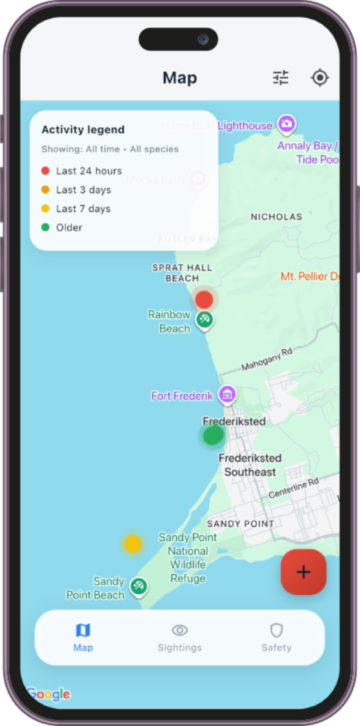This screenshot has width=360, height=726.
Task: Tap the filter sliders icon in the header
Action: tap(281, 78)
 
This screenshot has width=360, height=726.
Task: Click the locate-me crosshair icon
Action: tap(320, 78)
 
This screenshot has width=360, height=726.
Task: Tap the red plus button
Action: tap(303, 571)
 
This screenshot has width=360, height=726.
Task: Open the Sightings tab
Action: tap(179, 637)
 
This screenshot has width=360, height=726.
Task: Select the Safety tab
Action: tap(276, 637)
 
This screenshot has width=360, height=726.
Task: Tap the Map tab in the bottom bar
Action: tap(83, 637)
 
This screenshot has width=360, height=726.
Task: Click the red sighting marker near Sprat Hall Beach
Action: tap(204, 299)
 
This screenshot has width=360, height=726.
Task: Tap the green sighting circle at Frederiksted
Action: tap(213, 435)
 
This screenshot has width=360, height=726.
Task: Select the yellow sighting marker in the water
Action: tap(133, 544)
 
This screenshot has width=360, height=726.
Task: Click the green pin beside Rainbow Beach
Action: tap(205, 320)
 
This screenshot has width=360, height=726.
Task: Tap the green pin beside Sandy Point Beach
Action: tap(139, 586)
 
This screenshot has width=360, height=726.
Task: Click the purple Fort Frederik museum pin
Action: tap(227, 394)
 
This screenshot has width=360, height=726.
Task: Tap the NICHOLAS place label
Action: tap(276, 216)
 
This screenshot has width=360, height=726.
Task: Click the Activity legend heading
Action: tap(83, 130)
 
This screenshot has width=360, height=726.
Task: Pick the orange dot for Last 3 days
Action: tap(45, 190)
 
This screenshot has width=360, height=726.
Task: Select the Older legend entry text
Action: tap(69, 228)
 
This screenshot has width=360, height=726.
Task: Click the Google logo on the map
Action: tap(49, 693)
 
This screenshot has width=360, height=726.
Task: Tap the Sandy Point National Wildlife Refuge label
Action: tap(188, 558)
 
